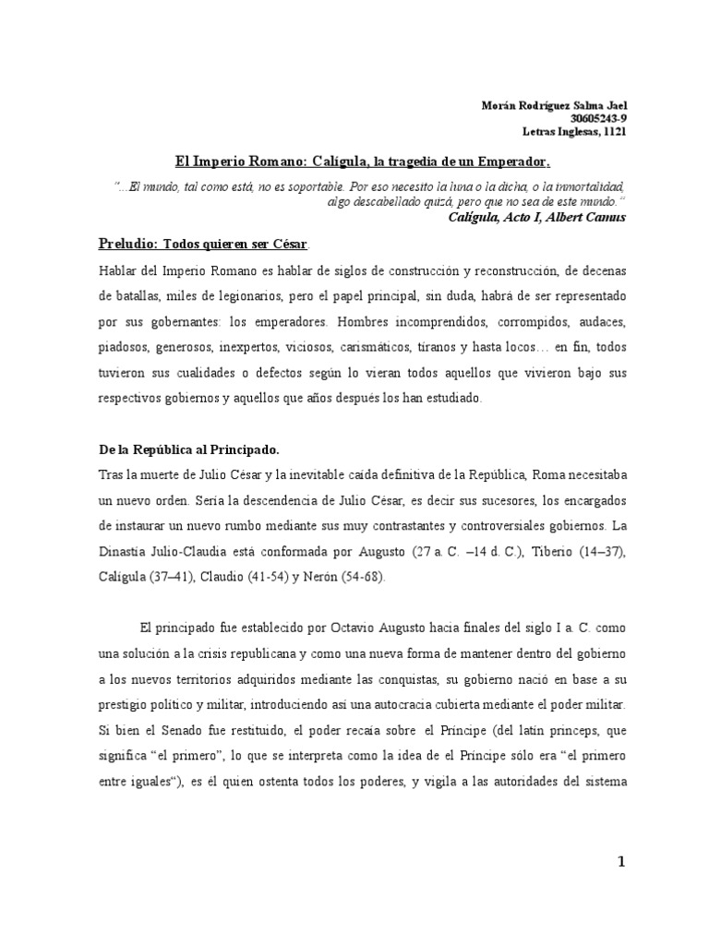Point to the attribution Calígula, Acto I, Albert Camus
coord(536,218)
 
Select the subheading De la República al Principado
coord(188,449)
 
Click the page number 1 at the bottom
coord(620,862)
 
